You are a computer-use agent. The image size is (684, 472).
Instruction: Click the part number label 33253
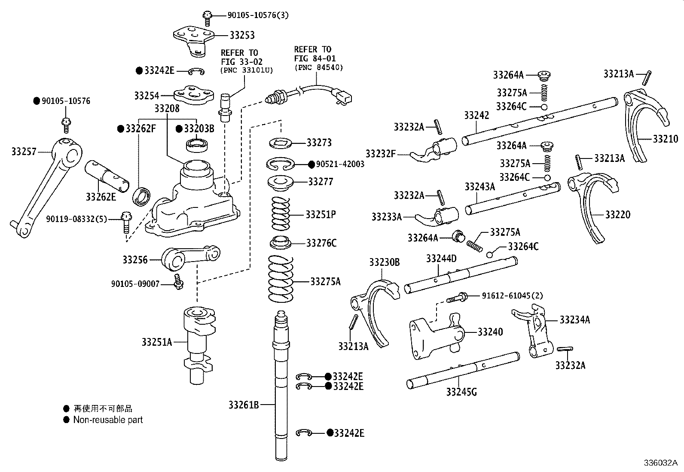(x=242, y=35)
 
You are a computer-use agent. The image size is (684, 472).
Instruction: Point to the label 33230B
(x=384, y=262)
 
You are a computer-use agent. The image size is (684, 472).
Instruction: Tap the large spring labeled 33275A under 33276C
(x=281, y=279)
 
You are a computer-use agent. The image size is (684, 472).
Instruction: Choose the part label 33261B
(x=243, y=405)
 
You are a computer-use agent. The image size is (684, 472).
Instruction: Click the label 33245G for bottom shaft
(x=461, y=392)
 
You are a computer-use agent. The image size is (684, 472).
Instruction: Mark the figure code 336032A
(x=660, y=463)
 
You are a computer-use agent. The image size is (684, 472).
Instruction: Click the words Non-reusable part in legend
(x=108, y=420)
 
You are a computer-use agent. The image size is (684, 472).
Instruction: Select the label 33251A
(x=156, y=342)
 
